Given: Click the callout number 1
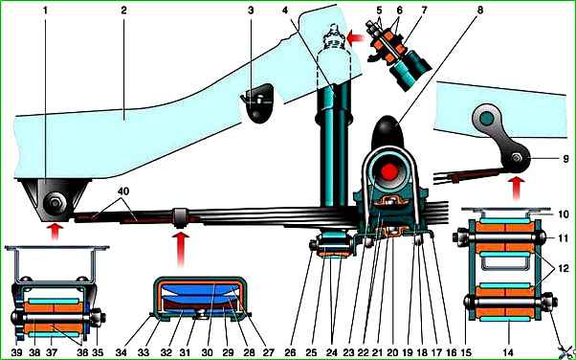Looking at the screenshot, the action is pos(46,11).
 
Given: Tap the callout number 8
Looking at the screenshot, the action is pos(480,11).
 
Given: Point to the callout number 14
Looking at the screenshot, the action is pos(508,352).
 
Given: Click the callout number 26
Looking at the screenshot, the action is pos(290,352).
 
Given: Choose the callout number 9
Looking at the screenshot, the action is pos(565,159).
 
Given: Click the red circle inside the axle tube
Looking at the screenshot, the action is pos(389,171).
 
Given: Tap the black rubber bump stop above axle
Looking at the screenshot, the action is pos(388,131).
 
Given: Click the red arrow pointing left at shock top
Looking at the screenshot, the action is pos(355,37).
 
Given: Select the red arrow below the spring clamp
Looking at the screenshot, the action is pos(181,248).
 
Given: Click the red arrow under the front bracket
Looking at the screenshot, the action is pos(55,231).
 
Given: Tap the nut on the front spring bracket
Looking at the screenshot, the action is pos(55,202).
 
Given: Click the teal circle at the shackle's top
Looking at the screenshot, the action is pos(487,118).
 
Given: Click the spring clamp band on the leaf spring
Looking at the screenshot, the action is pos(181,217).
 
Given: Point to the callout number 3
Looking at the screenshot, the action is pos(251,11).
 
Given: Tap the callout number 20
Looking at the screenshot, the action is pos(392,352).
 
